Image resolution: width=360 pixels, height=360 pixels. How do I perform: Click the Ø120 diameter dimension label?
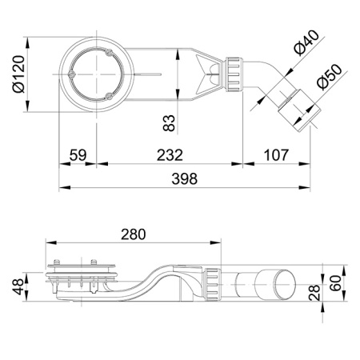pos(16,74)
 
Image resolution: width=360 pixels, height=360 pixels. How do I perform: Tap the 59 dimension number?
pos(77,153)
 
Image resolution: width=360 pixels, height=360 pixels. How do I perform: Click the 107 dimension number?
pos(275,153)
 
